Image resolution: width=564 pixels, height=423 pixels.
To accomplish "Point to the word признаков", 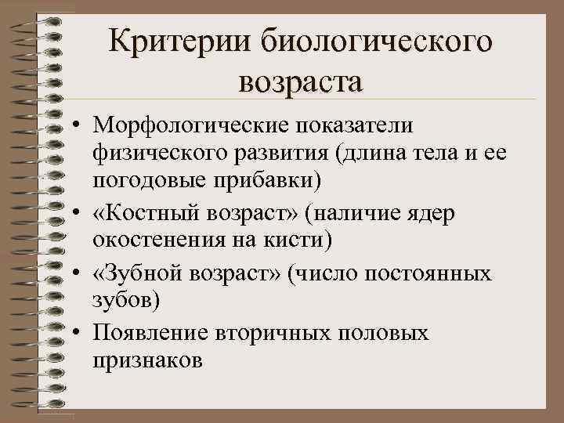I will point(146,360).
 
